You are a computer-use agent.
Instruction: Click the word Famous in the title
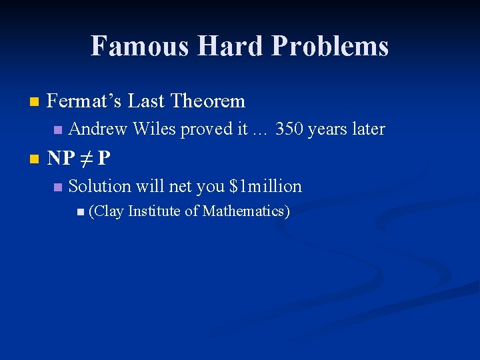[136, 46]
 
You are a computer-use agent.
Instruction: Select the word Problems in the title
[330, 47]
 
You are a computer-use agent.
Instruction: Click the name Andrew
[98, 129]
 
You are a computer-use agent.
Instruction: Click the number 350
[290, 129]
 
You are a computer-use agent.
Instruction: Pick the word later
[366, 129]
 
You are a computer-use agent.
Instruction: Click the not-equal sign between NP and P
[85, 159]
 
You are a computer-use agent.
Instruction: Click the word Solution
[99, 187]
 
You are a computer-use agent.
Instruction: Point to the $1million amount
[265, 187]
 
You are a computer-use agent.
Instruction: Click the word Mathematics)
[246, 211]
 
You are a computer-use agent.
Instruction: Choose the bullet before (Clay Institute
[80, 212]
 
